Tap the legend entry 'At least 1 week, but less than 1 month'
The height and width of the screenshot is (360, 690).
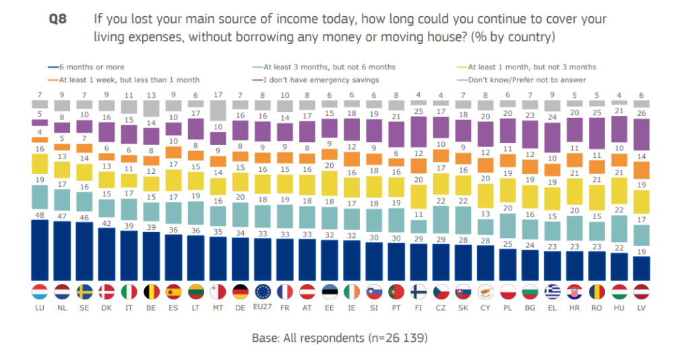[111, 80]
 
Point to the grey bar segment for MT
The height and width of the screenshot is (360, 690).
[218, 110]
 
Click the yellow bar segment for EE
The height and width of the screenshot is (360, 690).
[329, 183]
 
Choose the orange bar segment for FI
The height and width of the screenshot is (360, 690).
[418, 165]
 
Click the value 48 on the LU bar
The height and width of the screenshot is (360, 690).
[40, 215]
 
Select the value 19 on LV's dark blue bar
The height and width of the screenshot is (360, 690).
[642, 252]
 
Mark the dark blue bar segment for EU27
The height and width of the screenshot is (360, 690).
[263, 260]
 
